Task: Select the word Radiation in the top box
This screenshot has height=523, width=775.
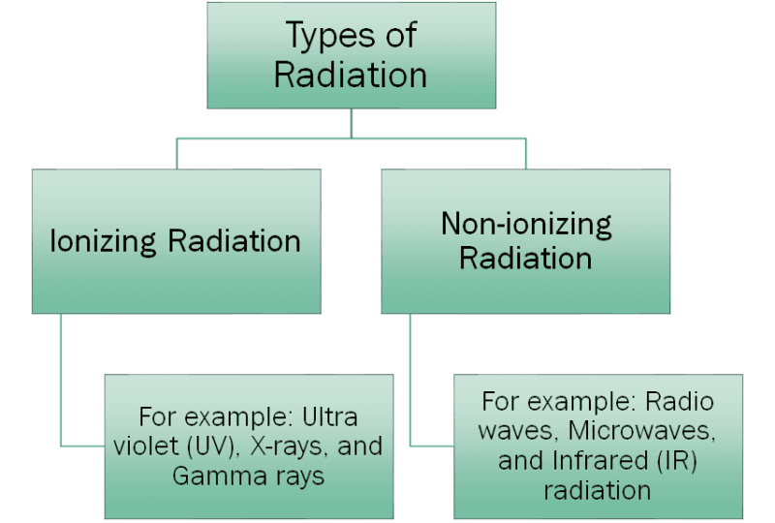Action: [x=351, y=77]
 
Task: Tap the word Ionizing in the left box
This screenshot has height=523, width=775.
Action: [x=105, y=240]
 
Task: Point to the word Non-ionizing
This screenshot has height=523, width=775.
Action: [x=526, y=224]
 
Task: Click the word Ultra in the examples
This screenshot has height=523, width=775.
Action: [x=328, y=418]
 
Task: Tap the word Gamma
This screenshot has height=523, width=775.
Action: [x=213, y=477]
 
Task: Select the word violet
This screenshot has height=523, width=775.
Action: [x=164, y=447]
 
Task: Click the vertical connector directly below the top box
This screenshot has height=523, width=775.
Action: [x=351, y=123]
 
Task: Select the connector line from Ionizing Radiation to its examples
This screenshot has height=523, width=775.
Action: [x=61, y=387]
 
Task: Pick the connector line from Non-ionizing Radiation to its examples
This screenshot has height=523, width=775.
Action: [x=411, y=387]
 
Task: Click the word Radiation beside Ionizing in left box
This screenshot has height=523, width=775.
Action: [x=234, y=240]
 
